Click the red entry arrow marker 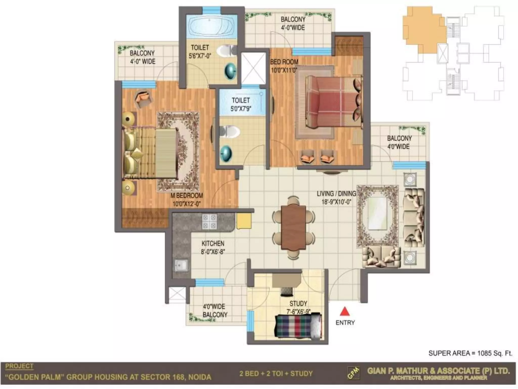click(x=345, y=311)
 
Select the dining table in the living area click(x=293, y=227)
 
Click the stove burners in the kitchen click(x=209, y=222)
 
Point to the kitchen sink click(x=181, y=266)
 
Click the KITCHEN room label click(x=213, y=243)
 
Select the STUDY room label click(x=298, y=303)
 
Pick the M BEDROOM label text click(x=187, y=196)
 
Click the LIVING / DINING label click(x=336, y=194)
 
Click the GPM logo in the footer click(x=354, y=373)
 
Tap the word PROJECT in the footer click(x=19, y=366)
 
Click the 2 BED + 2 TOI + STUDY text click(x=276, y=374)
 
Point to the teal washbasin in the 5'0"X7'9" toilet click(x=226, y=153)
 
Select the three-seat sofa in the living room click(x=414, y=218)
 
